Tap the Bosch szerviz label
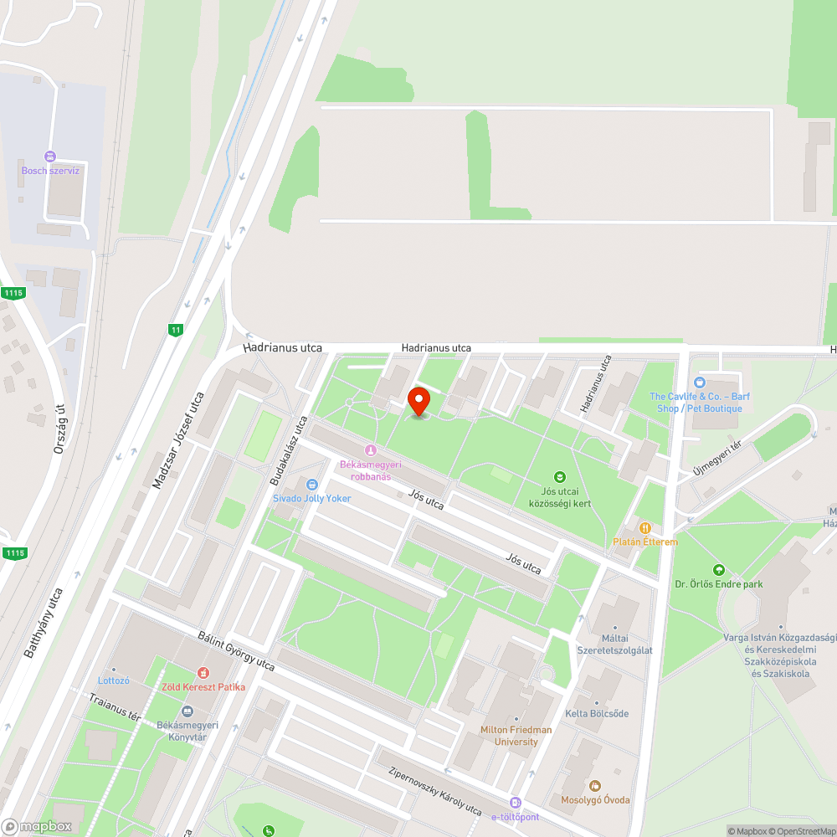(50, 171)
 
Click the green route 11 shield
(175, 330)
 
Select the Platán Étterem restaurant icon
(645, 528)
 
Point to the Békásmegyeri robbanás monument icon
(371, 450)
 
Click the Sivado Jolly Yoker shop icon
(312, 485)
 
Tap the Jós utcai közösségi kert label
(560, 497)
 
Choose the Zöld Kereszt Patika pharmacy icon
(203, 673)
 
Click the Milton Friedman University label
(516, 735)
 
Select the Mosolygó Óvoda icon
(595, 786)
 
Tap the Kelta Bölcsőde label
(597, 713)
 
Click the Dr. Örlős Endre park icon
(717, 570)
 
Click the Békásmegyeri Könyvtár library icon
(187, 711)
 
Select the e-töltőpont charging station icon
(516, 803)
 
